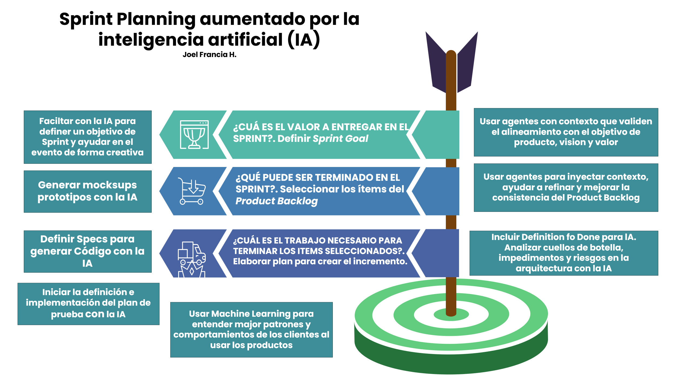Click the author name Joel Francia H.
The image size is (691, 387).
click(x=210, y=55)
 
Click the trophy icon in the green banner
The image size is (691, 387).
click(x=194, y=135)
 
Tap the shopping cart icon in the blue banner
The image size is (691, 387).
click(x=192, y=191)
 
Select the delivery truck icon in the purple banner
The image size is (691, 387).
click(x=192, y=259)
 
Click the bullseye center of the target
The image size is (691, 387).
click(x=451, y=314)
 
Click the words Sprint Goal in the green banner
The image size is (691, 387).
click(x=340, y=139)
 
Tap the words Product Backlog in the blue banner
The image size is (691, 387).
click(x=277, y=201)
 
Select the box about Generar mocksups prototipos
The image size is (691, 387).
click(x=88, y=191)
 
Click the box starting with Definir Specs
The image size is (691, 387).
click(x=88, y=251)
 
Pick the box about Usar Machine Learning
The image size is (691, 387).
click(x=251, y=330)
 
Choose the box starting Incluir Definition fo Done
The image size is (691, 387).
click(x=564, y=253)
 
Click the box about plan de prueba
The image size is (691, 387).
click(x=88, y=304)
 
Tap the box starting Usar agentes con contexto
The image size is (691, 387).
click(x=566, y=132)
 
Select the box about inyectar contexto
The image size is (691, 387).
click(x=566, y=188)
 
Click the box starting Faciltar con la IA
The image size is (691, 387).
click(x=88, y=137)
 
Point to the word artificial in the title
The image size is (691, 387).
click(x=245, y=39)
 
